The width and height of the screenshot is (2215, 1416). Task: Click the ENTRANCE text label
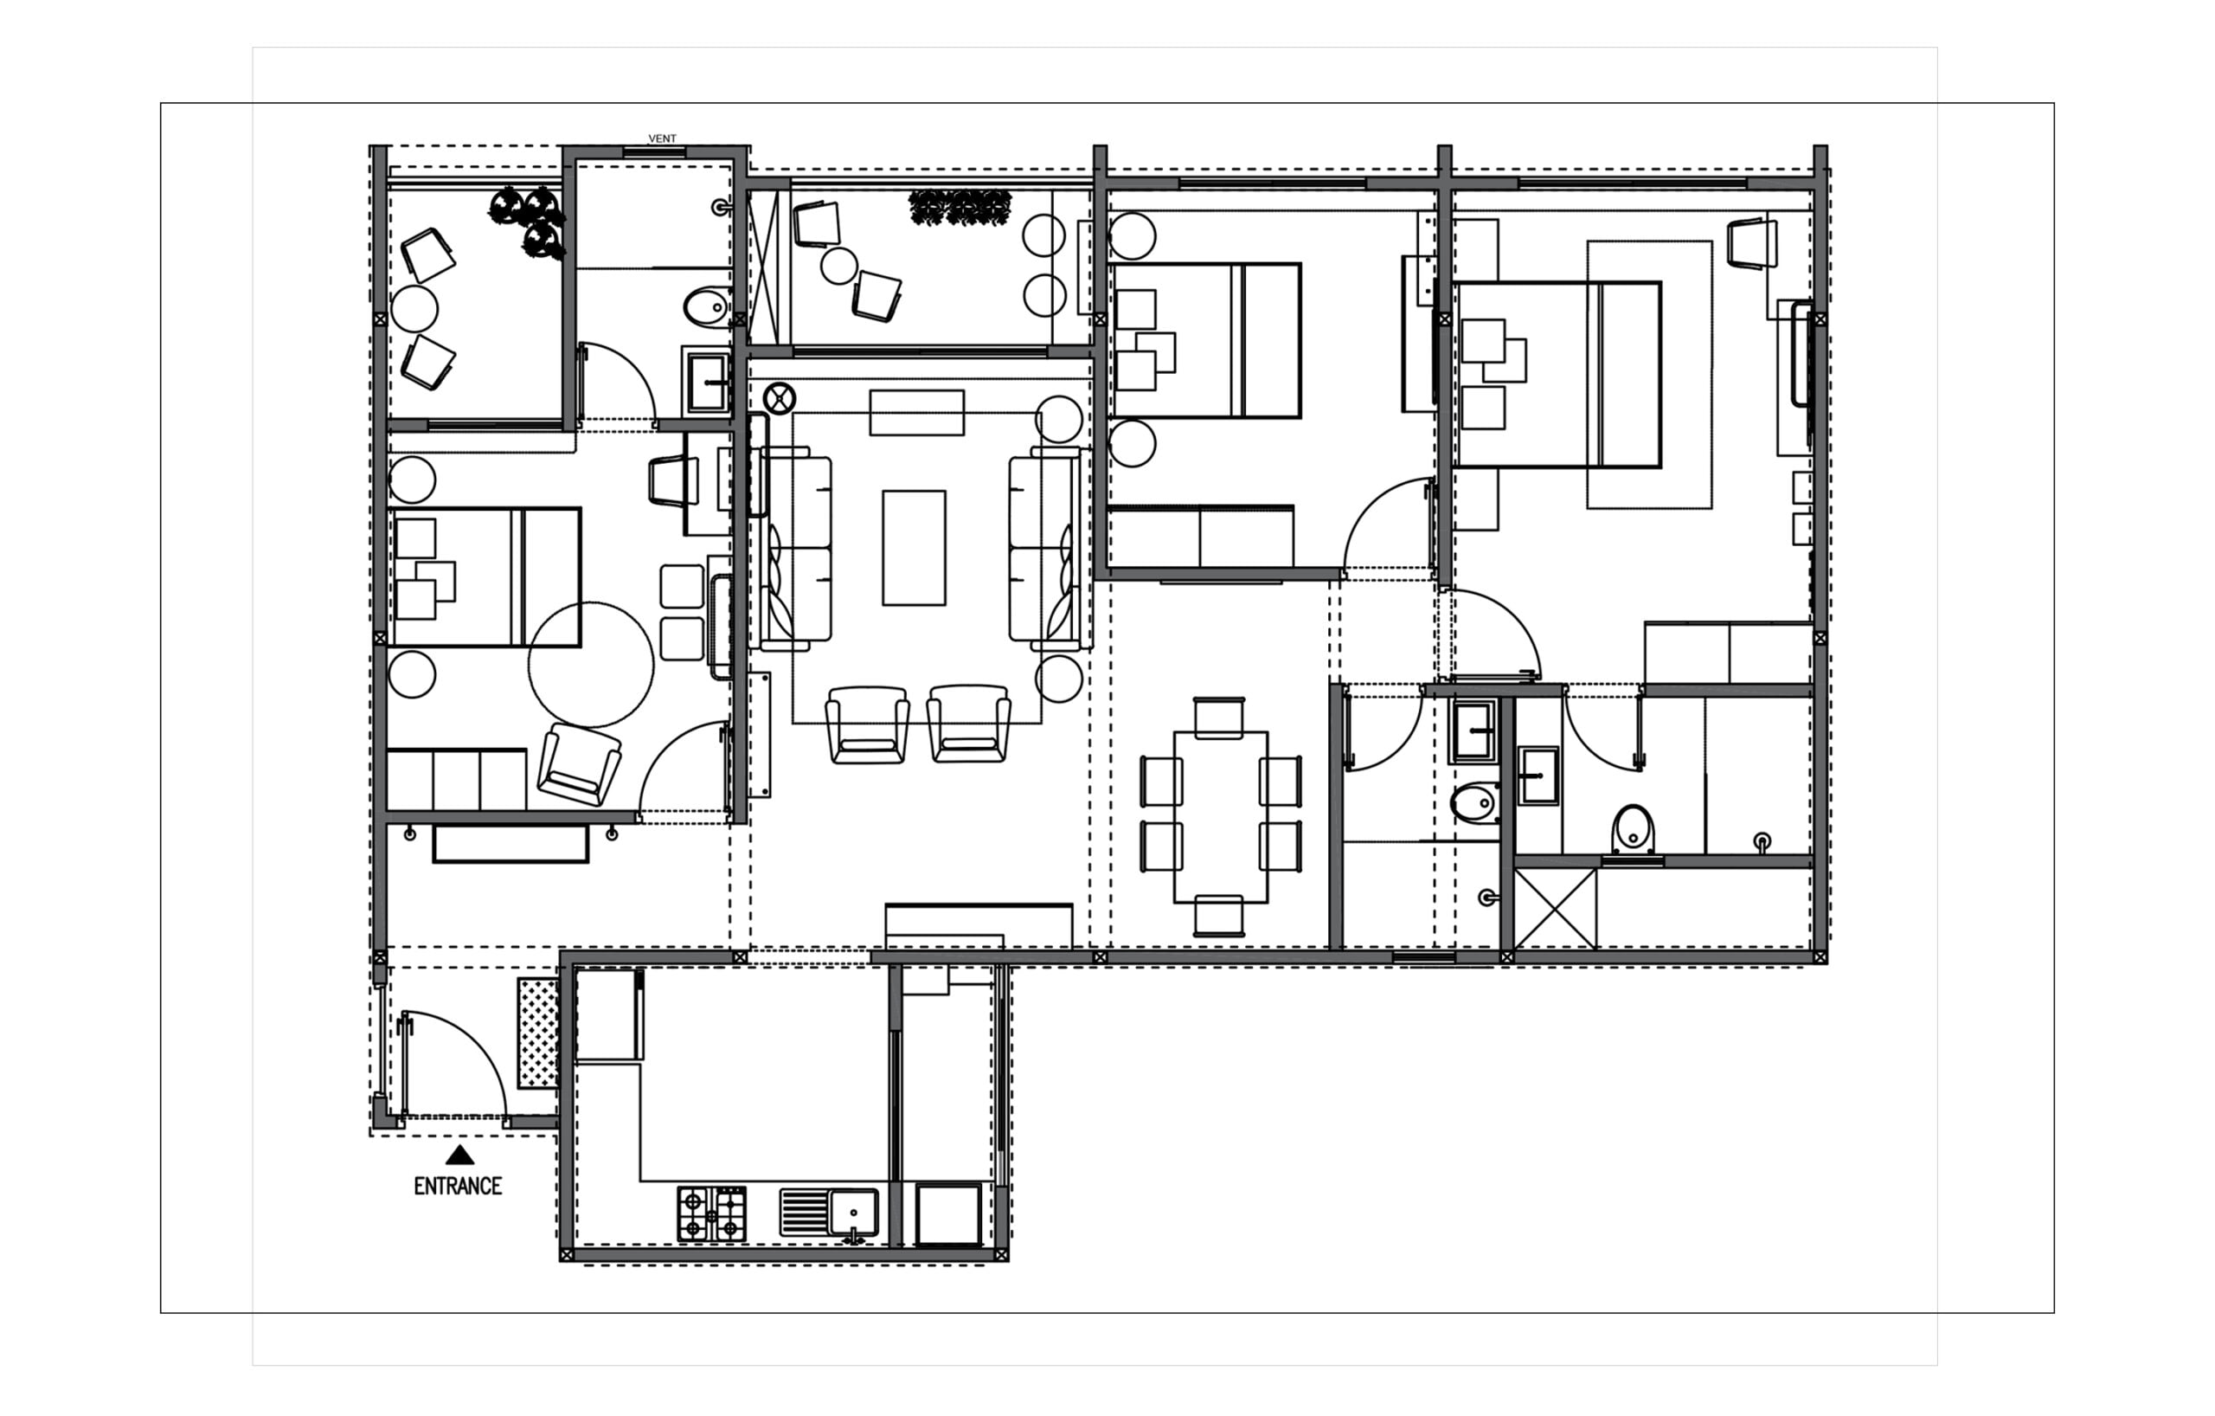458,1186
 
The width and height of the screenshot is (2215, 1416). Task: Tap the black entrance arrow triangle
460,1155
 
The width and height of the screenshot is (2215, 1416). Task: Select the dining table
1221,817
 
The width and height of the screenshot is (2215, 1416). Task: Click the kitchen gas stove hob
712,1213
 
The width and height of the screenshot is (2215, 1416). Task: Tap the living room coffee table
914,549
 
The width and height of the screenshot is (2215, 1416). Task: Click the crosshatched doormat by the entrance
538,1033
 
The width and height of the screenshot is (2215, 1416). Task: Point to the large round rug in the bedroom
591,666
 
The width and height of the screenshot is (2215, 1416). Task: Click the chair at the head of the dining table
1219,718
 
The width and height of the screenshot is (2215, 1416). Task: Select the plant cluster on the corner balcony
529,221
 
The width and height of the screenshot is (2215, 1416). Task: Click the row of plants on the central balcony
960,207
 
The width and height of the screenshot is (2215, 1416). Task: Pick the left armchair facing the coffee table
868,724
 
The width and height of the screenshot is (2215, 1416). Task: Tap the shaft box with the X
1556,908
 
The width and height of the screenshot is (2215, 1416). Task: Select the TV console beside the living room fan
917,412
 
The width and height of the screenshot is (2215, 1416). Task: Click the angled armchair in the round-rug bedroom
579,764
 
